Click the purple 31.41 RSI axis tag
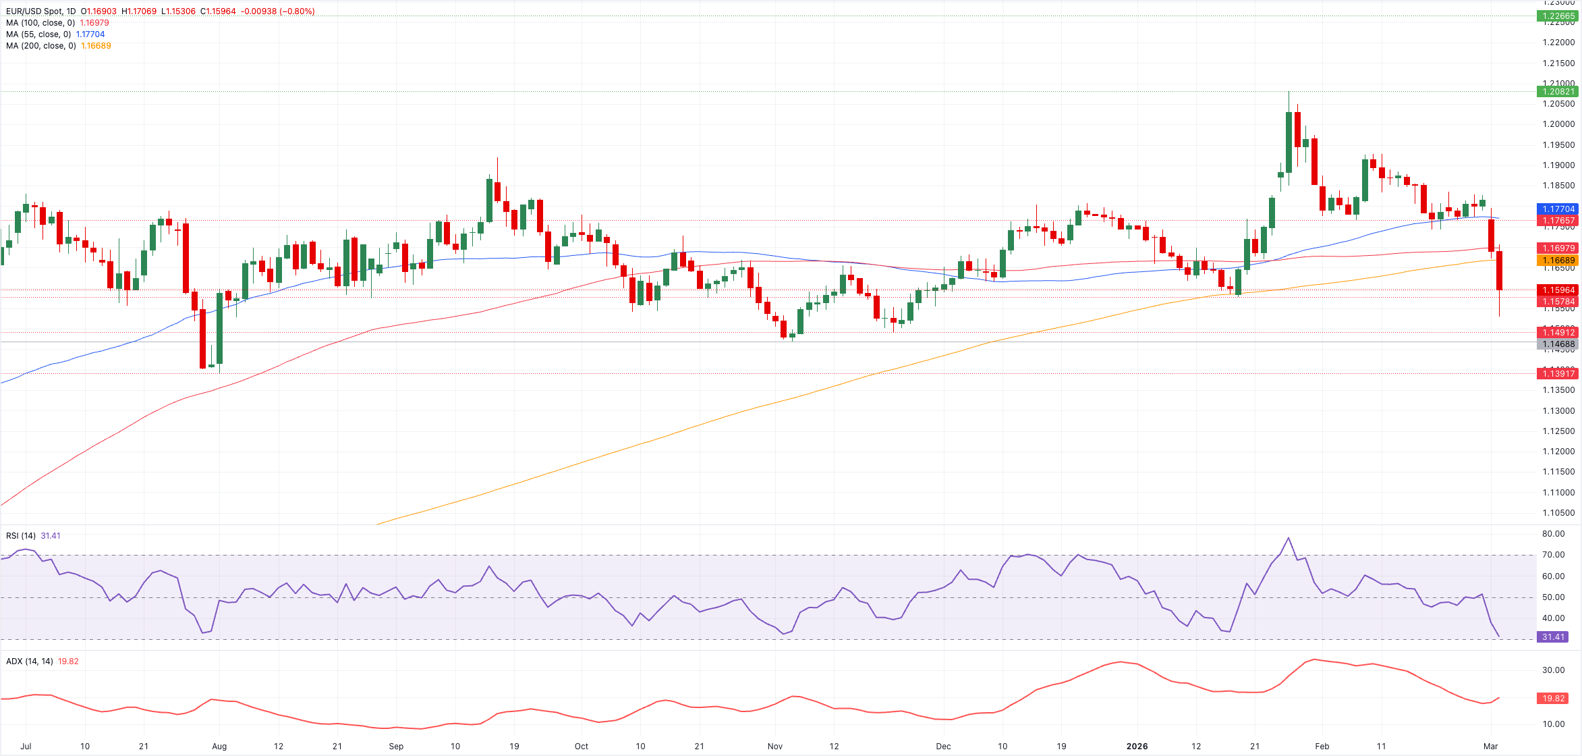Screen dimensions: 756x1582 [x=1553, y=637]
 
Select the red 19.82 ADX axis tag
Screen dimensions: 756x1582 [x=1553, y=699]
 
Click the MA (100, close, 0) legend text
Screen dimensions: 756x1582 [x=40, y=23]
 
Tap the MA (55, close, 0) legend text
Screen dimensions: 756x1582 [x=38, y=34]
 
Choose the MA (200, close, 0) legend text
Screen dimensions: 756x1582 [x=40, y=46]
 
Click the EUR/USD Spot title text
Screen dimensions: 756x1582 [x=40, y=11]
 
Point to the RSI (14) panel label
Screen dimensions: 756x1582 [x=21, y=536]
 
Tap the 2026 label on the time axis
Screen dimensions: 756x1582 [x=1137, y=747]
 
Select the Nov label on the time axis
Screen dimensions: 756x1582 [x=775, y=747]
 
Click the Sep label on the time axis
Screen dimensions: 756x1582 [x=396, y=747]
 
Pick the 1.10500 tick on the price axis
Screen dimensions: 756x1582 [x=1558, y=513]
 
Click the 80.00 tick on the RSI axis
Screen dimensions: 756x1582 [x=1553, y=534]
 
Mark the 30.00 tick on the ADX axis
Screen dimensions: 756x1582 [x=1553, y=670]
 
